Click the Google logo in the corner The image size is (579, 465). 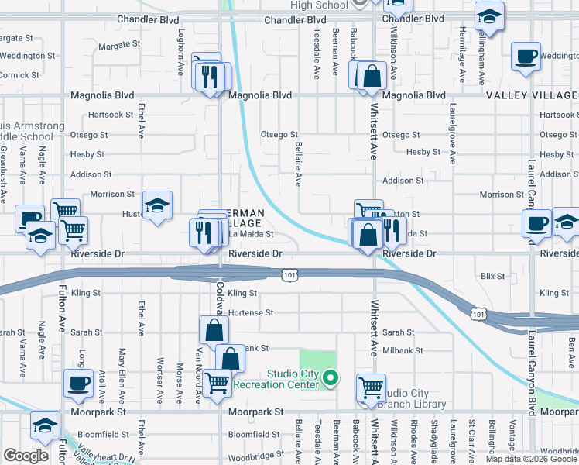click(26, 456)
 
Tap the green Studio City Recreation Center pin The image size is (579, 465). click(331, 379)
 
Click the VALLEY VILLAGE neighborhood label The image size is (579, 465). click(532, 95)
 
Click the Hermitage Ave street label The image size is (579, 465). click(463, 55)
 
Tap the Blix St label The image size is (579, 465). click(492, 275)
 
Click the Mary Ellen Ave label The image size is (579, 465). click(122, 377)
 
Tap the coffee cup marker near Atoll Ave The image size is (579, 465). click(78, 384)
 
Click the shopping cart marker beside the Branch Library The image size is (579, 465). click(372, 387)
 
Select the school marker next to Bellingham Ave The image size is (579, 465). click(488, 17)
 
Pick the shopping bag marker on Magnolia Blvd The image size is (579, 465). click(372, 76)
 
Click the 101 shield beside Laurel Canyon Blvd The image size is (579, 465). click(478, 313)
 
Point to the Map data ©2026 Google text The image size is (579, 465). click(531, 459)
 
